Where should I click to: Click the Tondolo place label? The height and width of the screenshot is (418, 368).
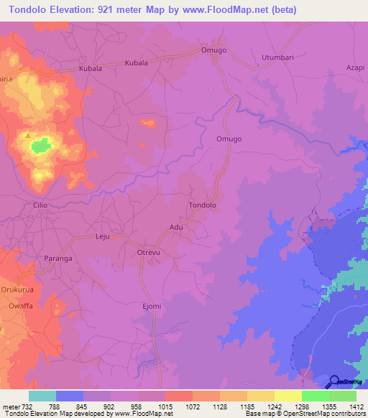(202, 205)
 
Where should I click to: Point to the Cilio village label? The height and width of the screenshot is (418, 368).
(40, 205)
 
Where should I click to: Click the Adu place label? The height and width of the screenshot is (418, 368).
(176, 227)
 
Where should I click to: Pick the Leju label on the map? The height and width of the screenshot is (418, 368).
(105, 236)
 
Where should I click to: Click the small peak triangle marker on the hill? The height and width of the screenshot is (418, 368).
(27, 134)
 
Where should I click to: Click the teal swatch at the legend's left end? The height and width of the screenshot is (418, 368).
(42, 396)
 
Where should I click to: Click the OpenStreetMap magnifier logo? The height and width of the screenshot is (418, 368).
(335, 381)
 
